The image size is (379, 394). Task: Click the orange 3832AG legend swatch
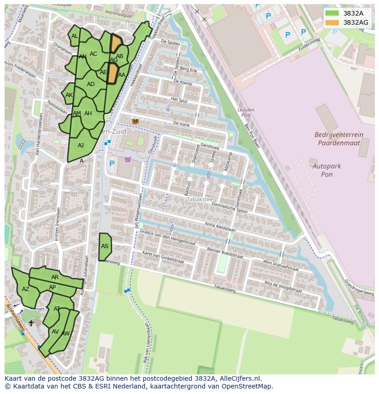coord(332,22)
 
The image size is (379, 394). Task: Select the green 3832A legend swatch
coord(332,13)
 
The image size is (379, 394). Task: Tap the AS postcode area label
coord(105,246)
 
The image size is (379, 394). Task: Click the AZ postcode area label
coord(26,289)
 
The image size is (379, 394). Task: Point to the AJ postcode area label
coord(81,146)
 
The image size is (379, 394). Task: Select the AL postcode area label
coord(75,36)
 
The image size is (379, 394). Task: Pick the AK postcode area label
coord(69,95)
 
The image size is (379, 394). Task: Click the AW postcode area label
coord(65,334)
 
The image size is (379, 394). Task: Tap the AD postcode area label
coord(91,84)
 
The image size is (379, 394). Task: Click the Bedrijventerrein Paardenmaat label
coord(338,139)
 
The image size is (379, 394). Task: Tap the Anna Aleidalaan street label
coord(220,227)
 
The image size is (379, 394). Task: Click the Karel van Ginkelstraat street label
coord(163,257)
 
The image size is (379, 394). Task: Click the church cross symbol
coord(31,323)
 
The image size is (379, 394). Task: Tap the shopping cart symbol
coord(127,160)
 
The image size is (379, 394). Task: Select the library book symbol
coord(135,121)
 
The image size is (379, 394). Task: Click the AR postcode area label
coord(55,277)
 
